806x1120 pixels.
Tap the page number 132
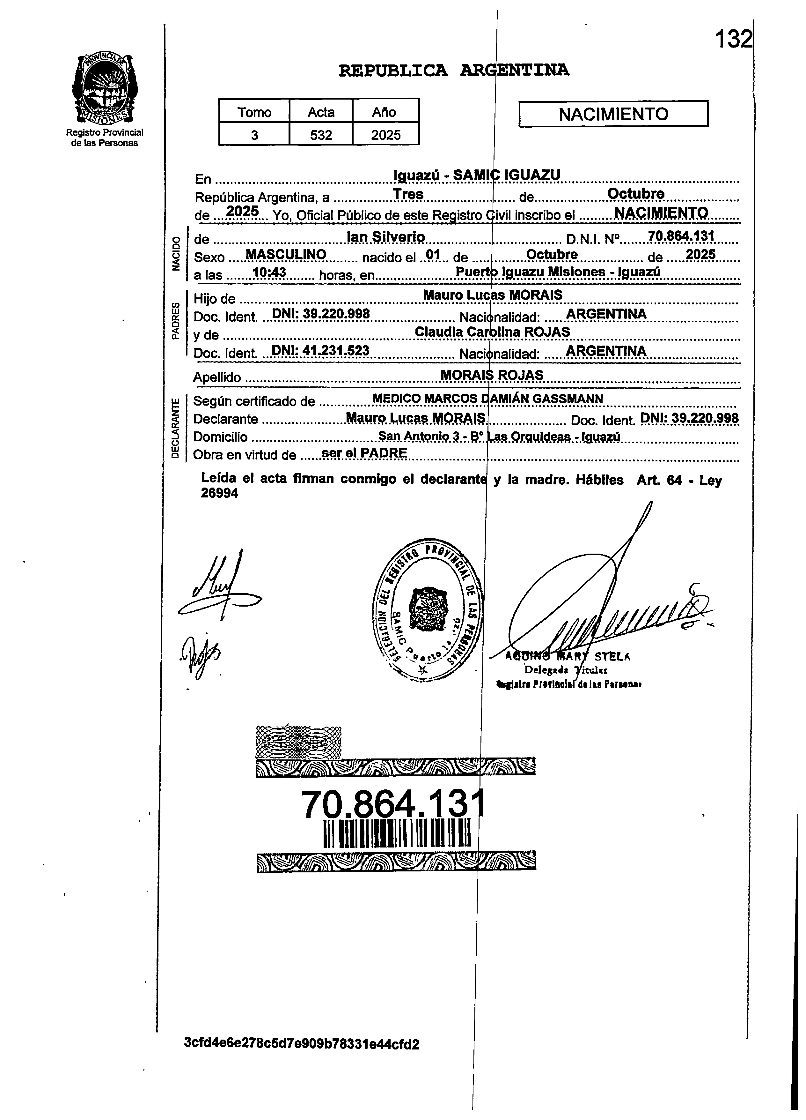click(734, 39)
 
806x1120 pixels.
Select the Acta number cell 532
click(321, 134)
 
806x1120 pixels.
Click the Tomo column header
click(254, 112)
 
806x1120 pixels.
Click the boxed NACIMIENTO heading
click(613, 114)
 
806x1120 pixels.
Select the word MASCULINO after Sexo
click(286, 254)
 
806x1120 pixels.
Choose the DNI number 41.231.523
click(321, 351)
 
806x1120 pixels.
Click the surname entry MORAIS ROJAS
click(492, 375)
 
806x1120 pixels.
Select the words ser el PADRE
click(364, 452)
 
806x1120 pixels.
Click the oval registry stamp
click(428, 609)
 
